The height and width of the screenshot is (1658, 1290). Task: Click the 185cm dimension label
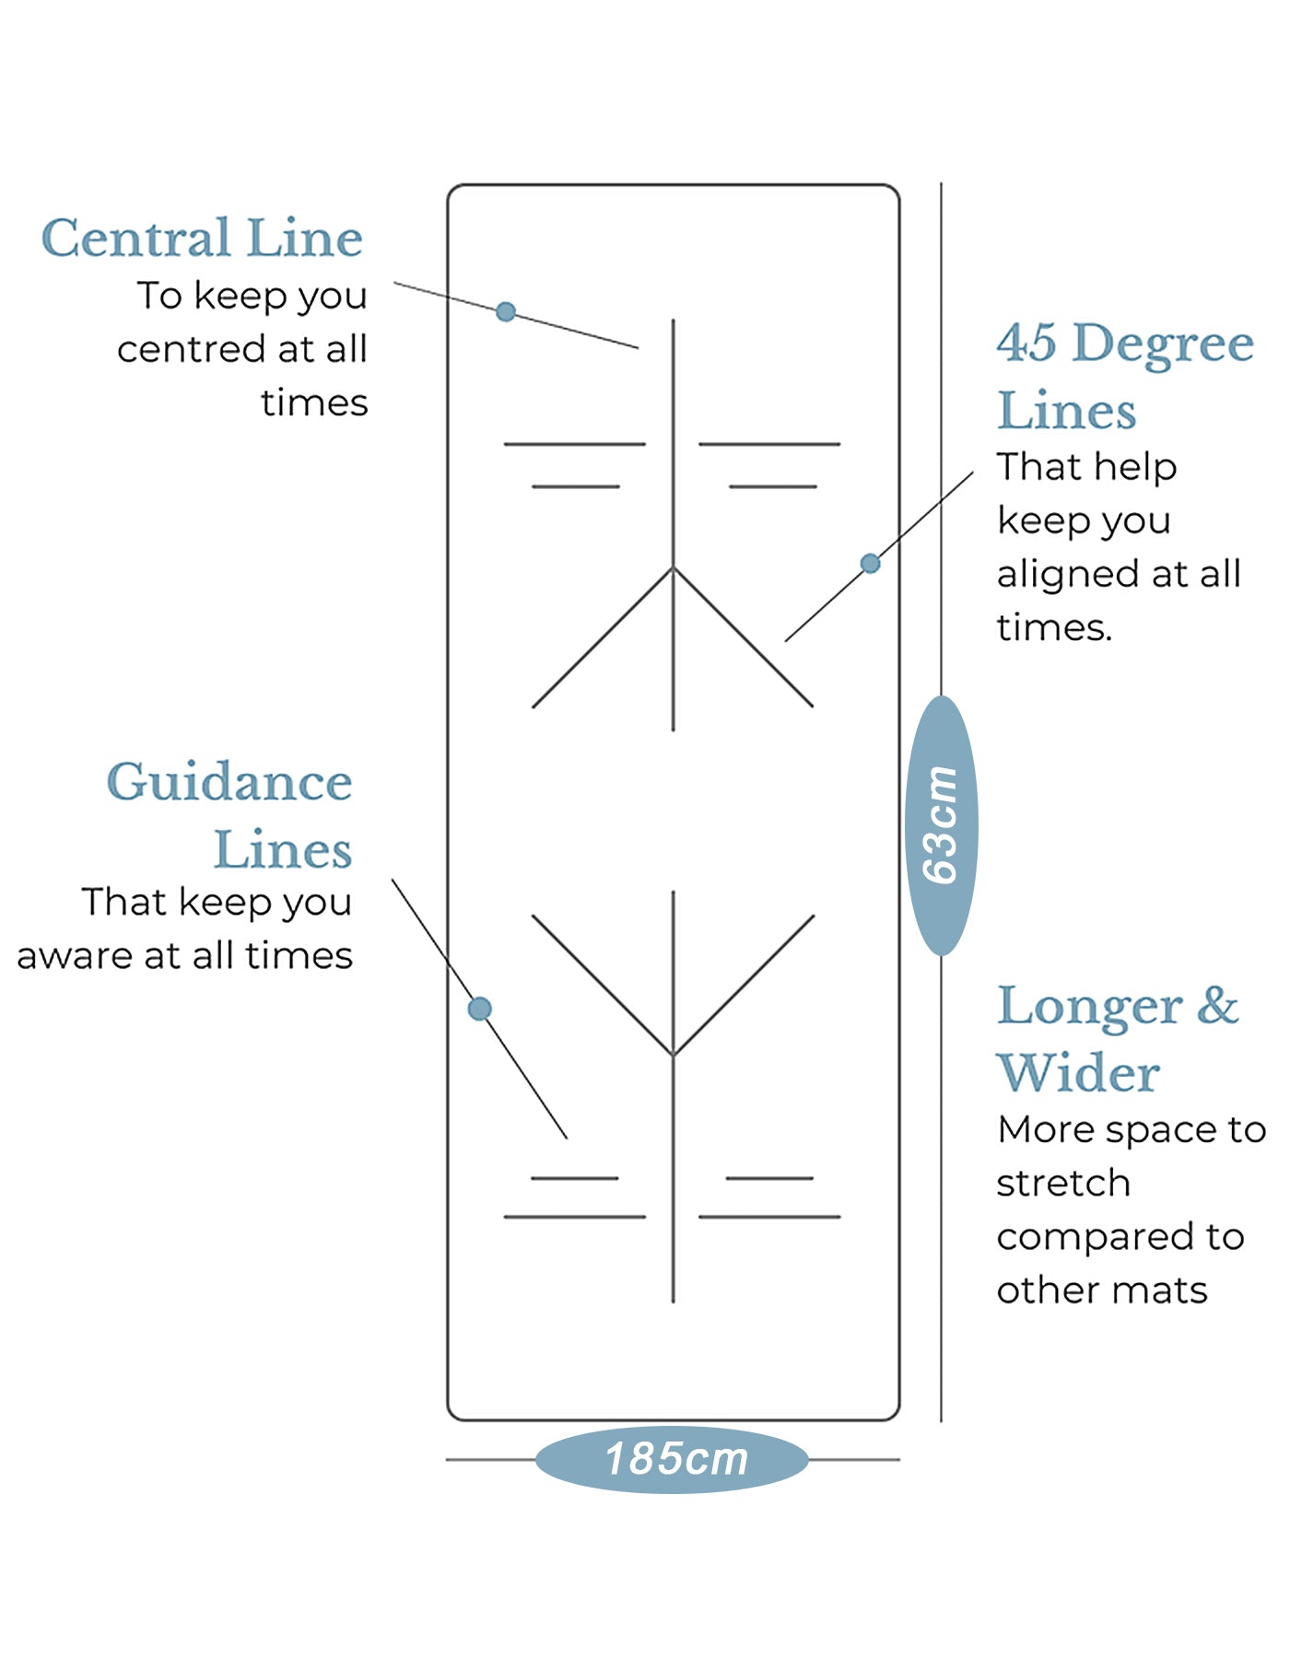675,1459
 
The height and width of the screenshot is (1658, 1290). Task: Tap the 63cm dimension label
942,825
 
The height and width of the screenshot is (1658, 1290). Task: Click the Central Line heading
202,239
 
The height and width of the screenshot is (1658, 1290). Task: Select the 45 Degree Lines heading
1124,376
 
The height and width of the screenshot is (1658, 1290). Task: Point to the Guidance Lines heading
230,815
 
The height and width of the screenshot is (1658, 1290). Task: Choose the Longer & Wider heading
1117,1039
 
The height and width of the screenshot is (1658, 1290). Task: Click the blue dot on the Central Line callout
506,311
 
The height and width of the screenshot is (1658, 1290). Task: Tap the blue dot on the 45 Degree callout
870,563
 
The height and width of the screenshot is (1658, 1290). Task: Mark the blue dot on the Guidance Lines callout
480,1009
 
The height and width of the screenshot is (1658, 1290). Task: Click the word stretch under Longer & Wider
1063,1183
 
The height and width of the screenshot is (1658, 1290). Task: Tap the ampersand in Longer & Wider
1217,1005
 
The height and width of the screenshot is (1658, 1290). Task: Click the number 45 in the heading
1026,343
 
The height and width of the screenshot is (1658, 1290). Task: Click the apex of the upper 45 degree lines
674,567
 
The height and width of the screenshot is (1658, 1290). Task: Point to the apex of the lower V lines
674,1056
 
